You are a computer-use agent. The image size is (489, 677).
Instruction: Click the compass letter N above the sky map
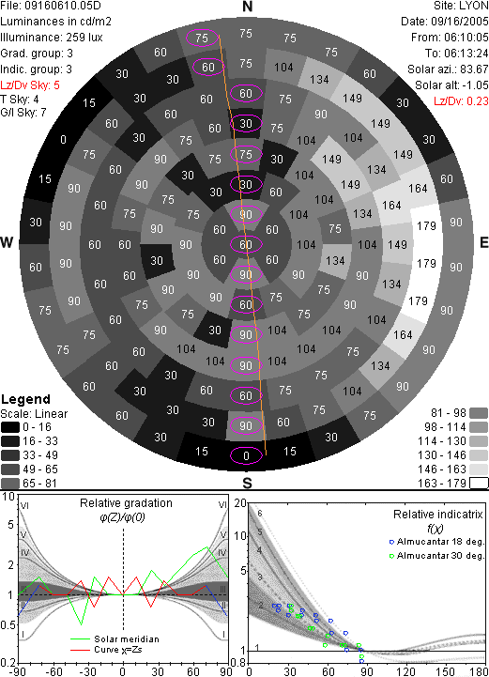[247, 7]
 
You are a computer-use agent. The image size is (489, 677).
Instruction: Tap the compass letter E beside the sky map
[483, 242]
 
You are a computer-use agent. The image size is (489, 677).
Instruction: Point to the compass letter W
[6, 242]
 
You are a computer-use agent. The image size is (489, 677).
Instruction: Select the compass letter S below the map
[247, 483]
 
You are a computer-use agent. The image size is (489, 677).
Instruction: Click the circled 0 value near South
[246, 456]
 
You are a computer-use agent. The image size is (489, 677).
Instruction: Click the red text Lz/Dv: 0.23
[461, 101]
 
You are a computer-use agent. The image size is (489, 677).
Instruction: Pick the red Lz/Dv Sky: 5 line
[30, 85]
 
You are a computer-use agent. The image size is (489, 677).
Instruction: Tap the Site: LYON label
[461, 6]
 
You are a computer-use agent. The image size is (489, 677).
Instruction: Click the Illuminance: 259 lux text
[52, 38]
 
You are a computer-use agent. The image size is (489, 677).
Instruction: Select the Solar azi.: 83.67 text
[448, 69]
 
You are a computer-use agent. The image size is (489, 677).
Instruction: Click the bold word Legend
[26, 399]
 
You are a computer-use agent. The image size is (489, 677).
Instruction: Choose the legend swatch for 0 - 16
[10, 427]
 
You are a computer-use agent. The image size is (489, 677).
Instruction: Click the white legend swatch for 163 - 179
[479, 484]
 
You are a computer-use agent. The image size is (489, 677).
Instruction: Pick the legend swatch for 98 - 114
[479, 427]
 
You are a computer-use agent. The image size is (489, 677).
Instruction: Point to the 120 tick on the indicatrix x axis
[405, 671]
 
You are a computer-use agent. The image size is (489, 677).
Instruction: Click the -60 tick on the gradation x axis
[53, 671]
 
